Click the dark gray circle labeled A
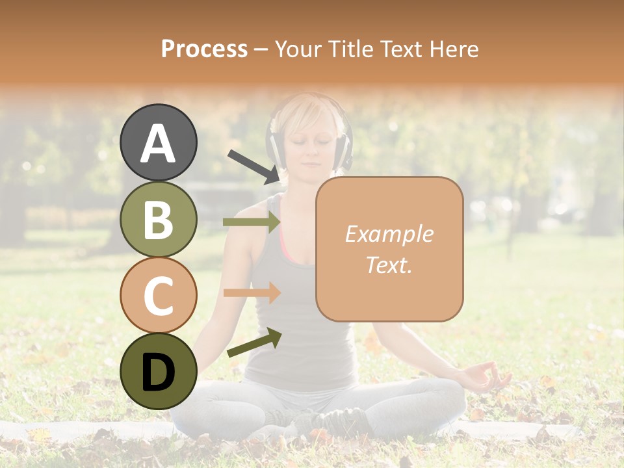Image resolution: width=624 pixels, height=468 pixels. point(159,142)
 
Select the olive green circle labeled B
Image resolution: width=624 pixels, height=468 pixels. point(159,219)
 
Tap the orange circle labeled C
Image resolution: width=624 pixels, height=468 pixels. point(159,294)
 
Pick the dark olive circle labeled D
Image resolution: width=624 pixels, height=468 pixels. point(159,371)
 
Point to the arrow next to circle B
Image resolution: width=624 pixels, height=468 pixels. point(252,222)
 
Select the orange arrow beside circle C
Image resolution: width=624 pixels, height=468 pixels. point(252,292)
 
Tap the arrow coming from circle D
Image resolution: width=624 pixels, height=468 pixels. point(254,343)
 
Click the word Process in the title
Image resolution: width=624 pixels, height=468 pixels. point(204,49)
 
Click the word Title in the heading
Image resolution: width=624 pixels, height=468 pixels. point(351,49)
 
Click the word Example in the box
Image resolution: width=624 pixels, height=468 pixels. point(389,234)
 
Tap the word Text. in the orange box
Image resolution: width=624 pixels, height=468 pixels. point(389,265)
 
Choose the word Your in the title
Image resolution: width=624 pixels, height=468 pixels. point(299,49)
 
